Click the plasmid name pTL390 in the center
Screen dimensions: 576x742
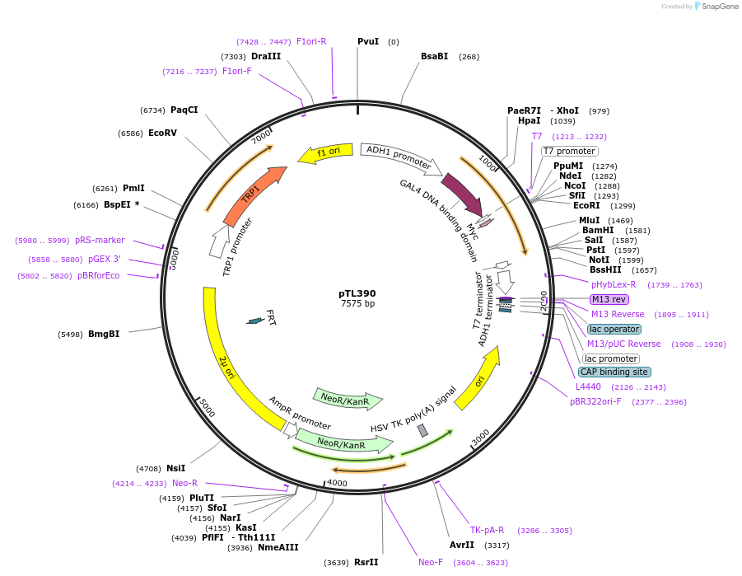pyautogui.click(x=357, y=293)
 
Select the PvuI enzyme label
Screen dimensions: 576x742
pyautogui.click(x=368, y=41)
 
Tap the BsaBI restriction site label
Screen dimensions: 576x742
pyautogui.click(x=434, y=56)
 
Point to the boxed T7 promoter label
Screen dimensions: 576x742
pyautogui.click(x=569, y=151)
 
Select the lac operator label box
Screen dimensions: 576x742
pyautogui.click(x=614, y=329)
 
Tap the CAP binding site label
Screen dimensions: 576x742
pyautogui.click(x=614, y=372)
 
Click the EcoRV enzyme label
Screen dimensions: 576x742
pyautogui.click(x=162, y=133)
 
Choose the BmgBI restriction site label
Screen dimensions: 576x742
pyautogui.click(x=104, y=334)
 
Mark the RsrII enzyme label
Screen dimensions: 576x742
pyautogui.click(x=366, y=562)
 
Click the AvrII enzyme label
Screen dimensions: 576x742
pyautogui.click(x=461, y=545)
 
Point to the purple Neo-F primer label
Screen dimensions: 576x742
pyautogui.click(x=431, y=562)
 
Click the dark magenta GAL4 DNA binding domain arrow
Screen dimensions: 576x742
pyautogui.click(x=462, y=194)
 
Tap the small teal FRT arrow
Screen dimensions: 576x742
pyautogui.click(x=256, y=321)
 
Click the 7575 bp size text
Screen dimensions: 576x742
pyautogui.click(x=357, y=304)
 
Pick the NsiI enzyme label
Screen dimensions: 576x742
pyautogui.click(x=175, y=468)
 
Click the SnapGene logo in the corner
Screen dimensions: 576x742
pyautogui.click(x=716, y=7)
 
